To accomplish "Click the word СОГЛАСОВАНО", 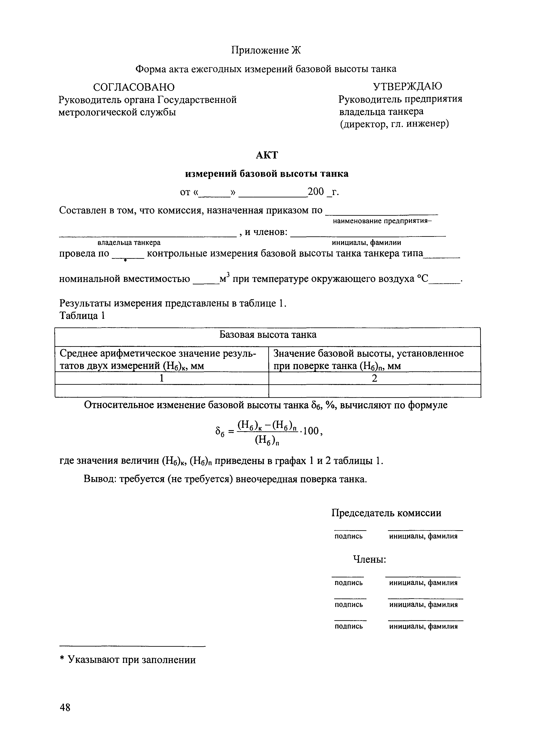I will point(134,87).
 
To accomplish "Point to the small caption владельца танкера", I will point(129,243).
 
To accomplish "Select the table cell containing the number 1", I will point(161,378).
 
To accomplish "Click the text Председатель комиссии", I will point(386,513).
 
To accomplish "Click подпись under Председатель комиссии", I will point(349,536).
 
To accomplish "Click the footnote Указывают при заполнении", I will point(132,660).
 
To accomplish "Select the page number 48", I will point(65,707).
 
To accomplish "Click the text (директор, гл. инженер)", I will point(394,124).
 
